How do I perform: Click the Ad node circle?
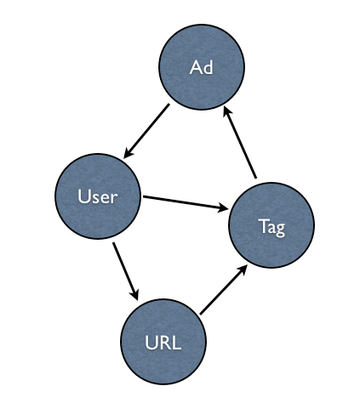click(x=202, y=67)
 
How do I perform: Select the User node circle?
click(x=98, y=196)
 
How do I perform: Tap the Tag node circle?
click(x=271, y=225)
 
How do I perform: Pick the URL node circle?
click(x=163, y=342)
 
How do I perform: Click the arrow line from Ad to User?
click(x=146, y=131)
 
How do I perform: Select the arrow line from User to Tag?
click(x=186, y=203)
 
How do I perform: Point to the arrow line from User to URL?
click(x=125, y=271)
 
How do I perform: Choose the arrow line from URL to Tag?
click(x=223, y=290)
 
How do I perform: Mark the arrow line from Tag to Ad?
click(x=240, y=142)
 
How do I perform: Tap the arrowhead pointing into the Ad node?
click(x=226, y=111)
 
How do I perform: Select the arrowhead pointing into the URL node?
click(x=135, y=295)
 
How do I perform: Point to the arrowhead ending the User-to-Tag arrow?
click(x=223, y=208)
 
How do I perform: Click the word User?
click(x=98, y=196)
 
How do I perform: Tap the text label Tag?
click(x=271, y=227)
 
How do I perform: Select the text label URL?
click(x=163, y=343)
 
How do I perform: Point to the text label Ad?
click(x=201, y=67)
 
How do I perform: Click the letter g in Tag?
click(x=280, y=230)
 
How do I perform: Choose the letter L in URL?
click(x=176, y=343)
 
